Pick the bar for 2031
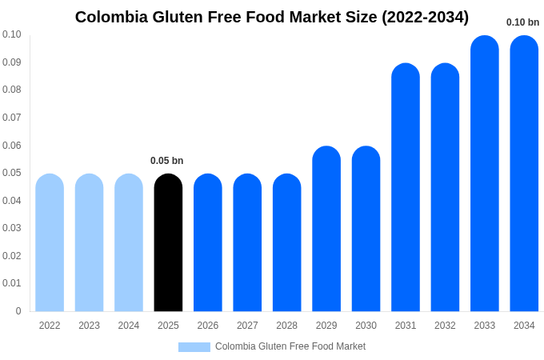click(x=406, y=187)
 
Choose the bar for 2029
click(x=326, y=229)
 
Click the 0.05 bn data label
click(x=166, y=161)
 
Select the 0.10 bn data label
click(x=522, y=22)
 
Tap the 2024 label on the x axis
click(x=129, y=326)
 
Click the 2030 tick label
click(x=366, y=326)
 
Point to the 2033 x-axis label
click(x=484, y=326)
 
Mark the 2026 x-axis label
click(x=208, y=326)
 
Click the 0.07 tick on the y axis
click(x=11, y=118)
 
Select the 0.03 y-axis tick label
click(x=11, y=228)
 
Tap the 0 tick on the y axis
click(x=18, y=311)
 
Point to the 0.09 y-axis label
click(x=11, y=62)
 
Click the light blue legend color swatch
click(x=194, y=347)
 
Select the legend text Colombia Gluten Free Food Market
click(x=290, y=346)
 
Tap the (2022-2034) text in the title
click(x=421, y=17)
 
